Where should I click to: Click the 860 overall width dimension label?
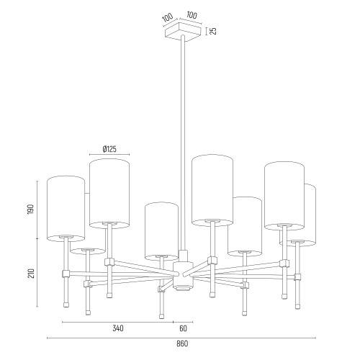[182, 343]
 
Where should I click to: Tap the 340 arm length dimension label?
[118, 328]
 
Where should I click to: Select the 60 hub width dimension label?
[183, 328]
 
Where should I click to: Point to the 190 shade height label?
[31, 210]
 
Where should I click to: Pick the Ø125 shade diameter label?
[109, 149]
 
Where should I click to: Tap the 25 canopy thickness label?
[213, 31]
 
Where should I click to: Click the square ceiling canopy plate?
[182, 32]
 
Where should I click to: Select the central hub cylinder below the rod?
[183, 276]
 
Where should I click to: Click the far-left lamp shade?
[66, 209]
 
